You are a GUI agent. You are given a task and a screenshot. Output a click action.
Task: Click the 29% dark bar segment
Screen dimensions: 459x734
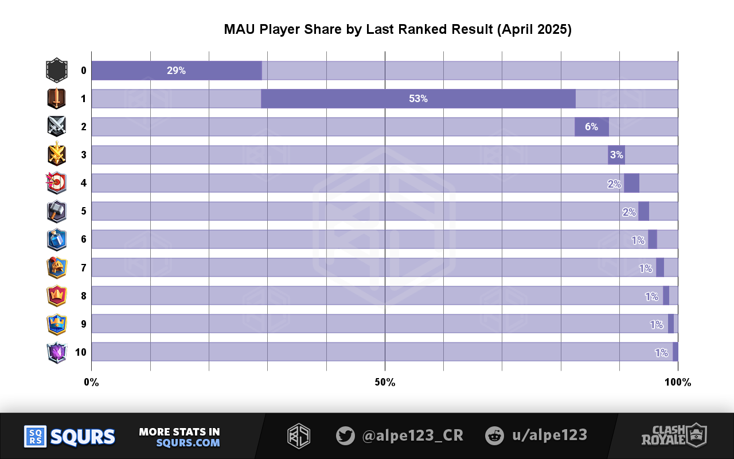tap(177, 71)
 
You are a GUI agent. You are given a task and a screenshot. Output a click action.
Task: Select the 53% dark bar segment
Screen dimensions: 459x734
tap(418, 99)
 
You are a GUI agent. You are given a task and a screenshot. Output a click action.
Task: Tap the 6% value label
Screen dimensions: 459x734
tap(592, 127)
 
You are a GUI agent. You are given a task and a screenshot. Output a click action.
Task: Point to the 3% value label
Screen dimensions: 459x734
tap(616, 155)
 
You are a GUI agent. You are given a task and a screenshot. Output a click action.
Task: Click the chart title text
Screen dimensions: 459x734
tap(397, 30)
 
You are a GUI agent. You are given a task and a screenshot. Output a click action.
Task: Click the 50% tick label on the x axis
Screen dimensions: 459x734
tap(385, 383)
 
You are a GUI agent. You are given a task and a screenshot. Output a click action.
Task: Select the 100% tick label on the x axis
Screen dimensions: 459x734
tap(678, 383)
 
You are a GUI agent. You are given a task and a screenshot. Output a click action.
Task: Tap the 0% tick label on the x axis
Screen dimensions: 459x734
tap(91, 383)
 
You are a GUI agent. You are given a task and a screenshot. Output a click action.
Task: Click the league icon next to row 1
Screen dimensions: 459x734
tap(56, 99)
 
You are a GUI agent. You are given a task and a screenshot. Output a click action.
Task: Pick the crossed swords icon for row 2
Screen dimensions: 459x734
tap(56, 127)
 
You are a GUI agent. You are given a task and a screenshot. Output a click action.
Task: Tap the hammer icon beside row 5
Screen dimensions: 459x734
tap(56, 211)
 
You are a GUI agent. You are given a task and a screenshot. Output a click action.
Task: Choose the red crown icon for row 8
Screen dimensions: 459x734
tap(56, 296)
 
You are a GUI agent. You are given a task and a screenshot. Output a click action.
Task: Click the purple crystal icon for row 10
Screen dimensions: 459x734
tap(56, 352)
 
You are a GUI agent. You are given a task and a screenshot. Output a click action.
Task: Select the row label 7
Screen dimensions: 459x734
tap(84, 268)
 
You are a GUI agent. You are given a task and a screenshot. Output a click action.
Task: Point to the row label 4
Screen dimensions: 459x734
tap(84, 184)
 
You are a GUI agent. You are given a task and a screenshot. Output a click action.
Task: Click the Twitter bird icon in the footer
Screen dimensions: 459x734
tap(345, 436)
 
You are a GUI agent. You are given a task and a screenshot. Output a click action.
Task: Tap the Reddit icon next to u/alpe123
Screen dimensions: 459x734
tap(494, 436)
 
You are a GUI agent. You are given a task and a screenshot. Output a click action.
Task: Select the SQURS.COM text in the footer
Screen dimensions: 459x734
tap(188, 443)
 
